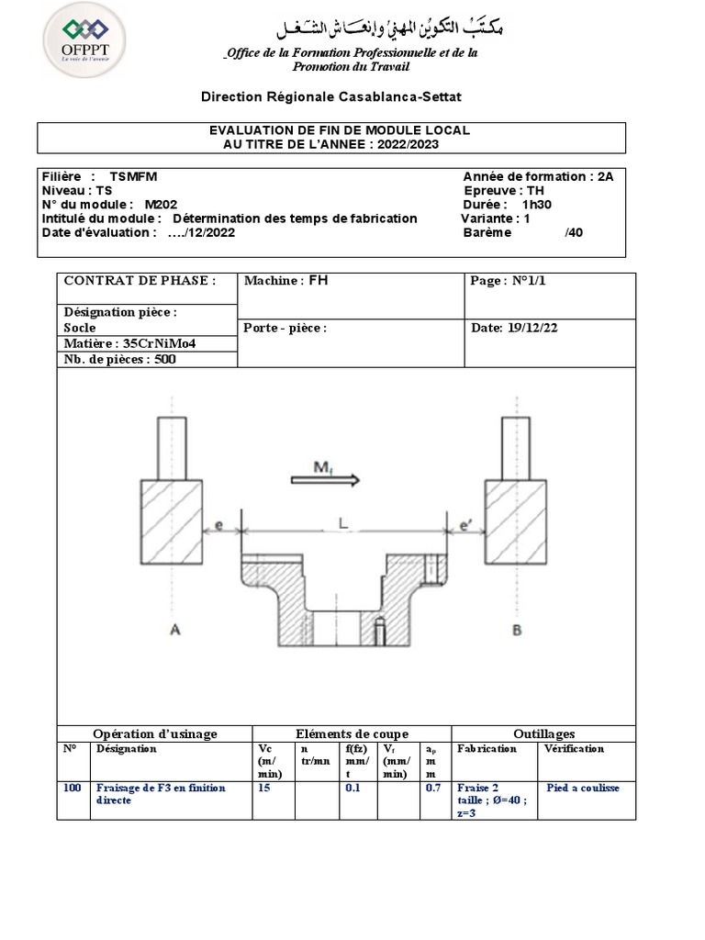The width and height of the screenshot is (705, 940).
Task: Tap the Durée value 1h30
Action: pos(538,205)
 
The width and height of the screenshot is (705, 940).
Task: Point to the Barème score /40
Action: pos(573,232)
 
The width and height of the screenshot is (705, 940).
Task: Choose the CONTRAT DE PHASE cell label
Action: pos(140,281)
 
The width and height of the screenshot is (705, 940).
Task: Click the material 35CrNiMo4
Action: pos(161,343)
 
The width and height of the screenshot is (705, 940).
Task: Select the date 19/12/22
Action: pos(527,328)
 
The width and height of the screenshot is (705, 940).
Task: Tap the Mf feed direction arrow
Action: pos(326,478)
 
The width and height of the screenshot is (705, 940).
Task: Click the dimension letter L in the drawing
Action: pos(342,522)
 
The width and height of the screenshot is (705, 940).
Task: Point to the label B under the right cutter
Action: pos(517,629)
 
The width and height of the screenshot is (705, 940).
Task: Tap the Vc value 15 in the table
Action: pos(265,788)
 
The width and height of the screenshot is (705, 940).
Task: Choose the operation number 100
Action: pos(73,788)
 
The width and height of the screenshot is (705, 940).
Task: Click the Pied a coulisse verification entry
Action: pos(583,788)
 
